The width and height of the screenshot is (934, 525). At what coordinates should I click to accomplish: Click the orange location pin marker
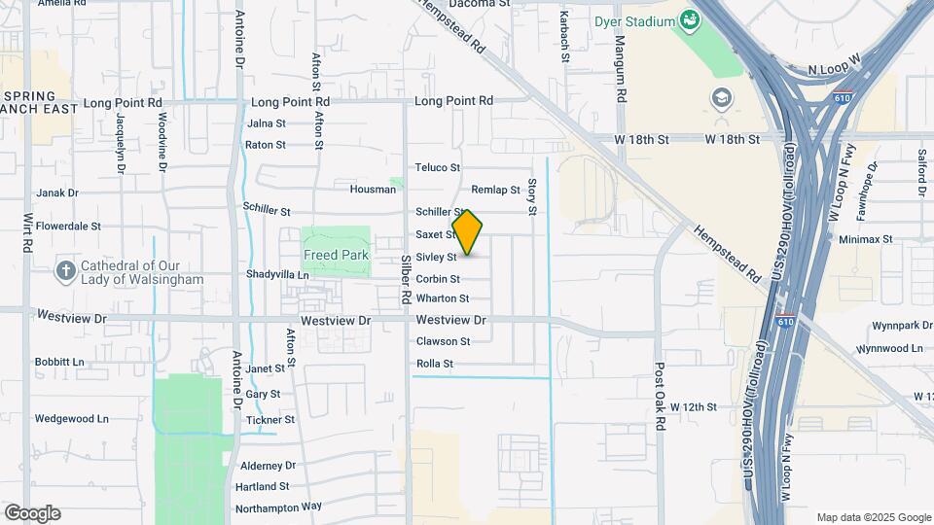pos(468,232)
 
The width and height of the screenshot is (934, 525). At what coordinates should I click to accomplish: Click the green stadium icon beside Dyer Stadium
pos(690,19)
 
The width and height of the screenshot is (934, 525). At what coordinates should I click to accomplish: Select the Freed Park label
pos(336,255)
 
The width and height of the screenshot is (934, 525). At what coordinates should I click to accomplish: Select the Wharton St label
pos(443,298)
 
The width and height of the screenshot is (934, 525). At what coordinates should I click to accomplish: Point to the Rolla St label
pos(435,364)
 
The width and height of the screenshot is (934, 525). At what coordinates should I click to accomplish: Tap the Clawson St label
pos(443,341)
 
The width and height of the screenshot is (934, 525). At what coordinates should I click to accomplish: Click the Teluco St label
pos(437,167)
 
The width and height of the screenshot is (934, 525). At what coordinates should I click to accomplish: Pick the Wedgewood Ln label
pos(71,418)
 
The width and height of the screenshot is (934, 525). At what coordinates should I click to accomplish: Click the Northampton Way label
pos(277,507)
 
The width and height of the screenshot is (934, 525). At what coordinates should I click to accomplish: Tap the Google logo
pos(32,513)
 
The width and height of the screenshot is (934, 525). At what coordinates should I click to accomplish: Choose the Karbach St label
pos(564,37)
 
